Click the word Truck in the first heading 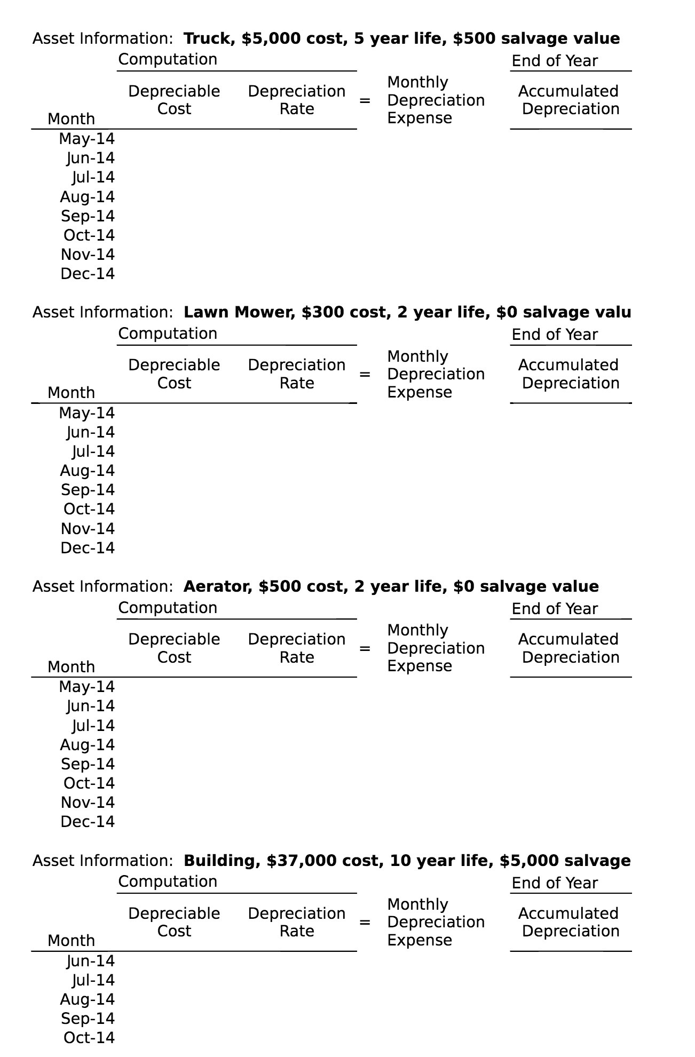(x=207, y=38)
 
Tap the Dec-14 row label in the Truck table (x=88, y=274)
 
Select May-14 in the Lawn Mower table (x=86, y=413)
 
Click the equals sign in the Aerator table (x=365, y=648)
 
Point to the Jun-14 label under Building (x=90, y=961)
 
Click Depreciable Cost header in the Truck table (x=174, y=100)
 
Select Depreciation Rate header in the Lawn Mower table (x=296, y=374)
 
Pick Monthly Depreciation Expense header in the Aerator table (x=436, y=648)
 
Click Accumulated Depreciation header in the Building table (x=570, y=922)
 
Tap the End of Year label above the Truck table (x=555, y=61)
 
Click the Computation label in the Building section (x=168, y=881)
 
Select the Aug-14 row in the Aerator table (x=87, y=745)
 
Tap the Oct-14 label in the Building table (x=89, y=1038)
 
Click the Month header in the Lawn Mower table (x=71, y=393)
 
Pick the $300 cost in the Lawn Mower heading (x=318, y=312)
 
